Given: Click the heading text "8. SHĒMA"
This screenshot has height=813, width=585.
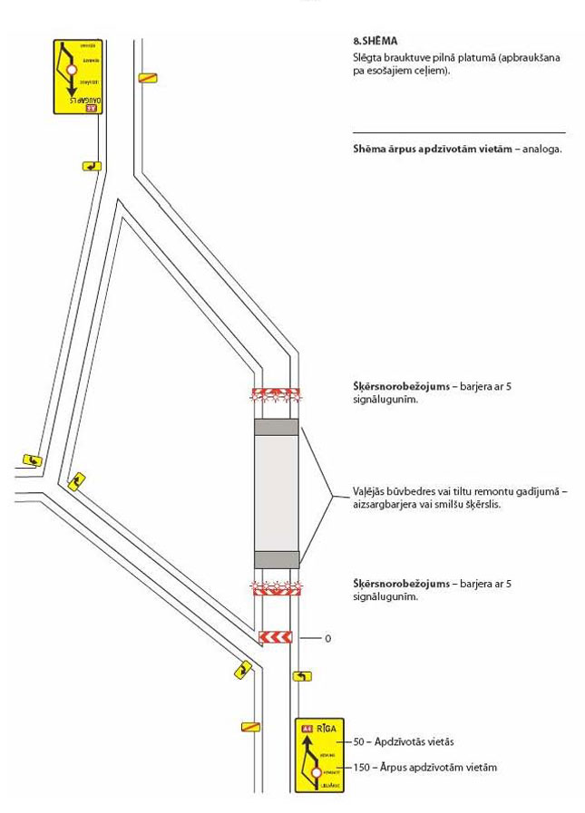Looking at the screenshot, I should (x=375, y=41).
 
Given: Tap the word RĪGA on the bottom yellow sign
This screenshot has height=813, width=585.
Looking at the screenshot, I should (x=327, y=727).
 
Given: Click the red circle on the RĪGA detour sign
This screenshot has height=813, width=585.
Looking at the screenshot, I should (x=315, y=773).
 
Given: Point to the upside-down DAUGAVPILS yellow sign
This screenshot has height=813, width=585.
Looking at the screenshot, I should (x=78, y=76).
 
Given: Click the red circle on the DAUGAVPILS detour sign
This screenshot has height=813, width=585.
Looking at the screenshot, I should (x=72, y=68).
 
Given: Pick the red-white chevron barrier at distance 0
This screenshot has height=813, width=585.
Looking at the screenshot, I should (x=276, y=637).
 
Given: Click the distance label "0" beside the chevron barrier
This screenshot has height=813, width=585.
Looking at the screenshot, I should (x=327, y=639).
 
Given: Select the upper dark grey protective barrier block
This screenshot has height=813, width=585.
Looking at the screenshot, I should (x=277, y=427).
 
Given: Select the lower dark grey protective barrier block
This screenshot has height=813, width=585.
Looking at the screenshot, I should (x=277, y=559).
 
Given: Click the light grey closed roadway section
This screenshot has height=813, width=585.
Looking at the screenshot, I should (x=277, y=493).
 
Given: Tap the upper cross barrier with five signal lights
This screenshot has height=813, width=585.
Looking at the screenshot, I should (x=276, y=394).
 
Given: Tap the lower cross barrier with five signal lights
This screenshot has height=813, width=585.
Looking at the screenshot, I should (x=276, y=589).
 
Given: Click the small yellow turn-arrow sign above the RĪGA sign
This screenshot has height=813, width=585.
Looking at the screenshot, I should (x=302, y=676).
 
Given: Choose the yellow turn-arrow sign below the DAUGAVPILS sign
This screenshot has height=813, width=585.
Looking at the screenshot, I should (x=91, y=166).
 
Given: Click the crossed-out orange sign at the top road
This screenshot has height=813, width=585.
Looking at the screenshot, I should (x=148, y=77).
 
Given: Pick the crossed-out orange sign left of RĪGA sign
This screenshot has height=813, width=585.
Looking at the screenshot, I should (x=251, y=726).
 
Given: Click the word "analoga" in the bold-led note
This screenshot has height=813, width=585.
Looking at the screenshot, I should (x=540, y=149).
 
